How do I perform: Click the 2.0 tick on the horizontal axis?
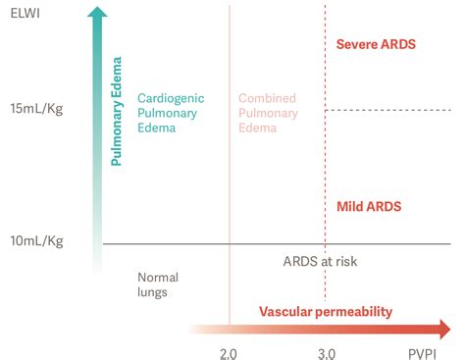[x=229, y=350]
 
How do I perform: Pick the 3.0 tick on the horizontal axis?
[x=326, y=350]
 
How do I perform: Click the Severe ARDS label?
[x=376, y=44]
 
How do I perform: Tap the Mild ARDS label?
[x=369, y=206]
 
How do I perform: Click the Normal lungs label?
[x=158, y=284]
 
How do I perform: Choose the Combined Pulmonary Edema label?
[x=267, y=113]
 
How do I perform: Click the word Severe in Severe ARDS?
[x=357, y=44]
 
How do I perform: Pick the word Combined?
[x=267, y=98]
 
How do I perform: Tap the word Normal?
[x=158, y=278]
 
